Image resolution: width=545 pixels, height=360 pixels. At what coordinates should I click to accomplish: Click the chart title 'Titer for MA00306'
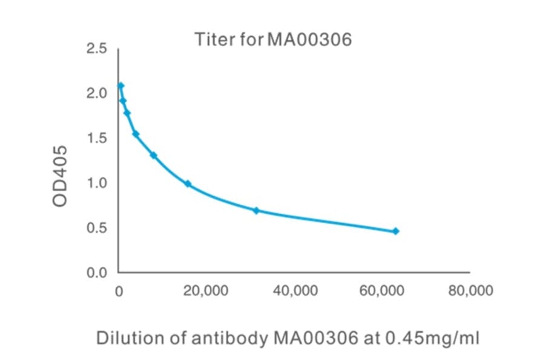[272, 41]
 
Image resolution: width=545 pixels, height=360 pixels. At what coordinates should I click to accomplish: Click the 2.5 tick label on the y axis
[97, 48]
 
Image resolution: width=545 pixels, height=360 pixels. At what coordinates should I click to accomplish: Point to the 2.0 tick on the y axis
[97, 93]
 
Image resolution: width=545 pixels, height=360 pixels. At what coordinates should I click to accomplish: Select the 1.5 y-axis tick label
[97, 138]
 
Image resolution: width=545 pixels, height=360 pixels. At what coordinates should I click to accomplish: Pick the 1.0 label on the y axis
[97, 183]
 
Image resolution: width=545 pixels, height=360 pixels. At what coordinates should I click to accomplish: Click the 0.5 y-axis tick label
[97, 228]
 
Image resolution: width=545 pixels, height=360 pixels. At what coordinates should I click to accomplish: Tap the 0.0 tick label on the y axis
[97, 273]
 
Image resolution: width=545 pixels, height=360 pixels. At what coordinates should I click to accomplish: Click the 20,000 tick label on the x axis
[206, 291]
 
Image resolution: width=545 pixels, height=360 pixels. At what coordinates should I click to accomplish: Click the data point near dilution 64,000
[395, 231]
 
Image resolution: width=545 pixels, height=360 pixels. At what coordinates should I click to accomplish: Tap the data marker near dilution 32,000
[256, 210]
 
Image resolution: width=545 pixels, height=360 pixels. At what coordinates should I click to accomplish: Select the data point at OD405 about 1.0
[188, 184]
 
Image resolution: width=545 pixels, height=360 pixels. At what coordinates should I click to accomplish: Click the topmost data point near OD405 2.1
[121, 85]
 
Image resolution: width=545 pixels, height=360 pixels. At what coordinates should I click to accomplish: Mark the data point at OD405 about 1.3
[153, 155]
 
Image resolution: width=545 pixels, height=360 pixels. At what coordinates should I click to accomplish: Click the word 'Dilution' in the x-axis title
[124, 338]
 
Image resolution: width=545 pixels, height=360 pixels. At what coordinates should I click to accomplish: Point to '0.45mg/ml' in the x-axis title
[431, 338]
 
